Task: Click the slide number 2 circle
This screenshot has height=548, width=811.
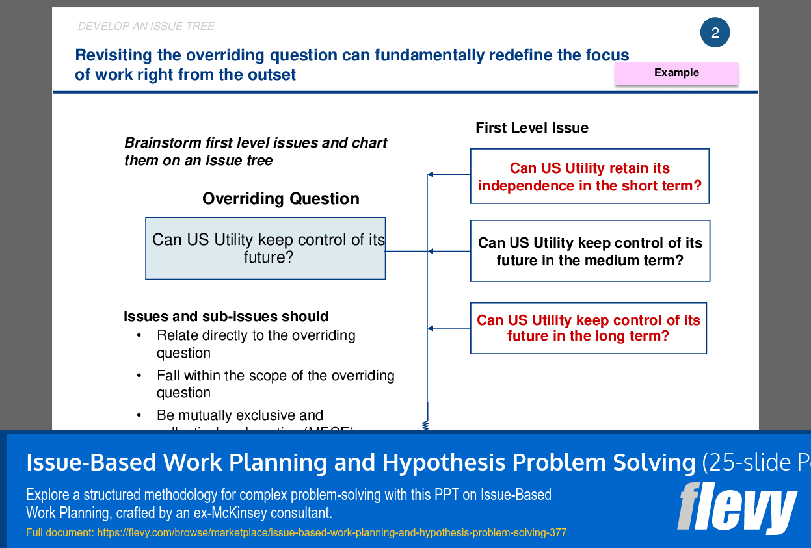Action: (x=715, y=33)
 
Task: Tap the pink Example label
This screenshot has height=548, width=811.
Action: (x=676, y=73)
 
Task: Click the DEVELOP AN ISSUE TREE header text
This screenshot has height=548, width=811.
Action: (x=146, y=27)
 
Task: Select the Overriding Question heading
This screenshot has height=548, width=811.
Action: (x=280, y=199)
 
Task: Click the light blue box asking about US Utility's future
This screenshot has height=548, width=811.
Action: (x=265, y=248)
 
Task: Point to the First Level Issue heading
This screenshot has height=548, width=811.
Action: (x=531, y=128)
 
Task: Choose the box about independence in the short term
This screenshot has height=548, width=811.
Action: (x=589, y=176)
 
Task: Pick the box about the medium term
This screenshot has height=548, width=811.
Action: (x=589, y=251)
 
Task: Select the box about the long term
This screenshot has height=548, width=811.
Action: (x=588, y=328)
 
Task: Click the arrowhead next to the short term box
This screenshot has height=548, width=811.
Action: (x=431, y=174)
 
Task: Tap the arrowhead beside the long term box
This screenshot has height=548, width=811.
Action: (x=431, y=328)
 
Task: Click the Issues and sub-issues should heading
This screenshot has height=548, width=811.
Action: (x=226, y=317)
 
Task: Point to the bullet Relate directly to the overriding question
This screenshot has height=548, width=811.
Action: (x=256, y=344)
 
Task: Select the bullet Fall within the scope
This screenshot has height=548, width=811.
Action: (x=275, y=384)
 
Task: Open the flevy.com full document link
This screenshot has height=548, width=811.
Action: (x=331, y=533)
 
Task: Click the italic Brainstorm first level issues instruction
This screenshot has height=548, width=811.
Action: (x=256, y=151)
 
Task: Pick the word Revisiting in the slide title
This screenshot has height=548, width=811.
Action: (x=113, y=55)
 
